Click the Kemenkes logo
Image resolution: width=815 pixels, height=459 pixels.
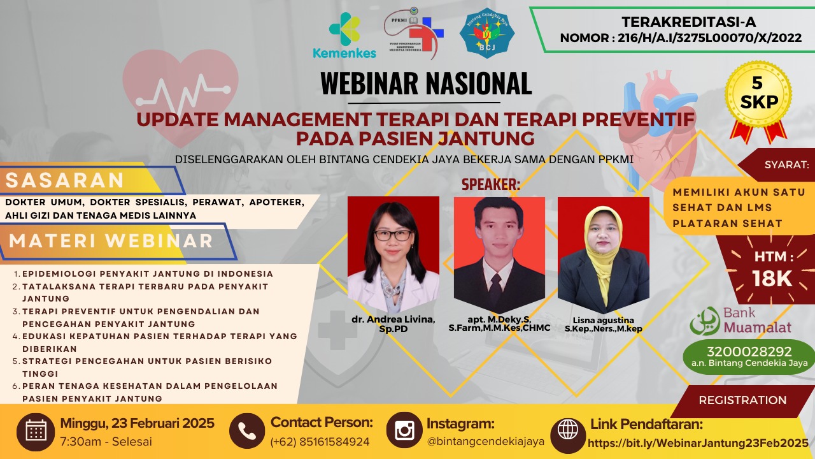tap(344, 35)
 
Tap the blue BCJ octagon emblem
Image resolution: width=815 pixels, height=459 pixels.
tap(487, 33)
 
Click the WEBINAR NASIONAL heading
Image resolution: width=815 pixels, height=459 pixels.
tap(426, 84)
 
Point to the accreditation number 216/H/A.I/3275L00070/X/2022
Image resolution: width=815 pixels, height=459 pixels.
tap(709, 38)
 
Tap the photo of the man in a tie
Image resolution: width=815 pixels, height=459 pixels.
tap(499, 255)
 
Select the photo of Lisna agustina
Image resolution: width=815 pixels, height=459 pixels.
tap(604, 255)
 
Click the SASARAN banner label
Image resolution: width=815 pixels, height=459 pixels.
tap(65, 180)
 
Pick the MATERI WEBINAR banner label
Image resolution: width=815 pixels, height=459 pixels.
tap(111, 241)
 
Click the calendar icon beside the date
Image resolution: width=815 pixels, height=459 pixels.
tap(36, 432)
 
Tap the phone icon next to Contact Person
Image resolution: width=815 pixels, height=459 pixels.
tap(247, 432)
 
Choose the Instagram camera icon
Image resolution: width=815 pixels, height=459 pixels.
tap(404, 430)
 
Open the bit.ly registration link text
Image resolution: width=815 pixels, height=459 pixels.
tap(698, 443)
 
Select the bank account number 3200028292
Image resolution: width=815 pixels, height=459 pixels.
tap(749, 351)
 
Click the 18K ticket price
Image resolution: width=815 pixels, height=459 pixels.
tap(772, 279)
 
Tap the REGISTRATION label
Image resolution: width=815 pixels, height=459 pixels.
tap(742, 400)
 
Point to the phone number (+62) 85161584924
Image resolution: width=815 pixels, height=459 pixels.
tap(320, 442)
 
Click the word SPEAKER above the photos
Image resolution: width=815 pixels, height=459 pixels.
tap(491, 185)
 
